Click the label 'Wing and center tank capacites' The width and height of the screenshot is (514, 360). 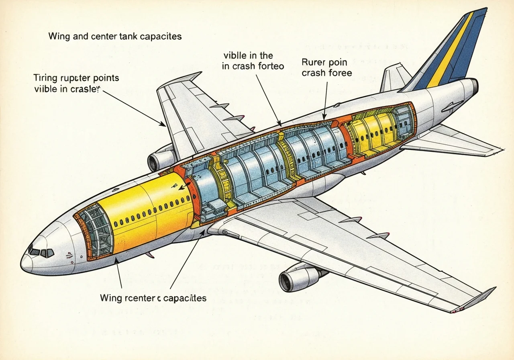coord(115,37)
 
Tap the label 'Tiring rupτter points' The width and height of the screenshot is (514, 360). coord(76,78)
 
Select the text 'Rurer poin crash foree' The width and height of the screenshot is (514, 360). coord(326,67)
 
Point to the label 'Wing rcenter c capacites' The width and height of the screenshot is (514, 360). coord(153,298)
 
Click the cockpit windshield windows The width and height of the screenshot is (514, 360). coord(41,253)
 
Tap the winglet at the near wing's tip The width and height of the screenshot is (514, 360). coord(480,297)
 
